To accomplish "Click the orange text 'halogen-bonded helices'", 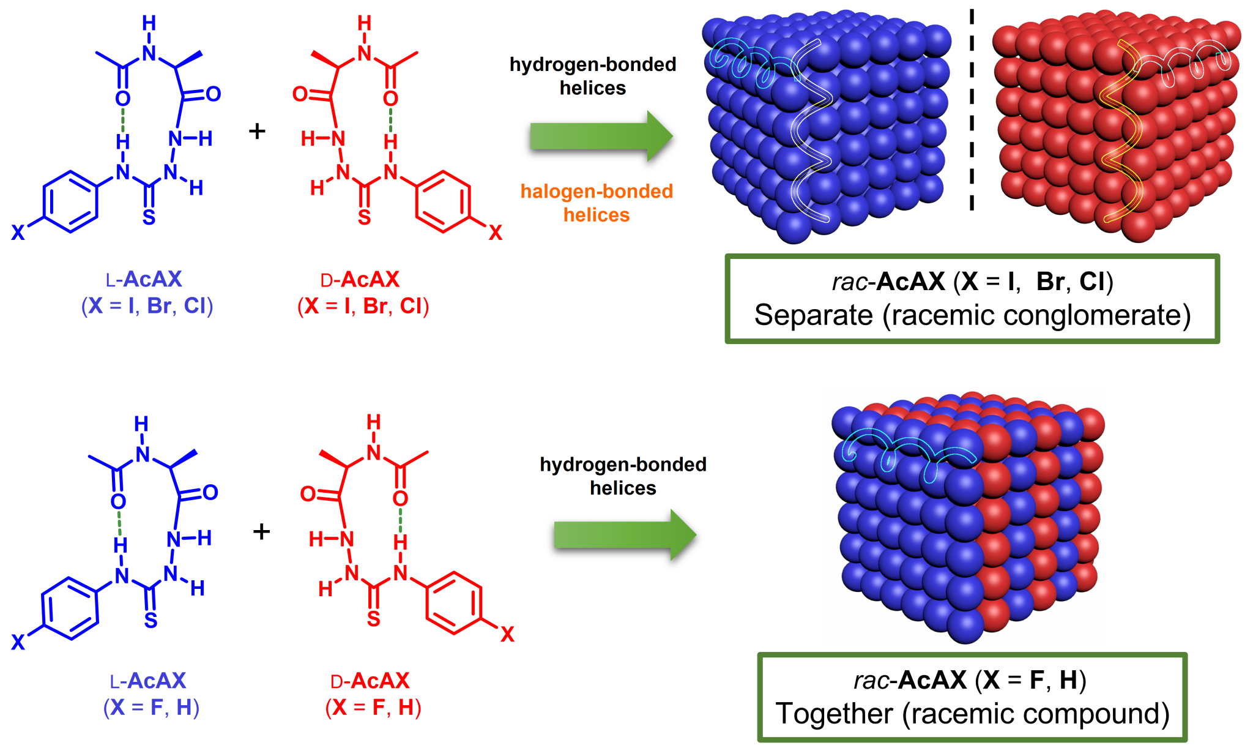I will pos(597,203).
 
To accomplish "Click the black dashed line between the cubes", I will pos(972,110).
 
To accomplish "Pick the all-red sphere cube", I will pos(1114,125).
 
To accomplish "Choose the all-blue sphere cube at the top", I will pos(826,125).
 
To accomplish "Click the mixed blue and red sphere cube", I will pos(967,517).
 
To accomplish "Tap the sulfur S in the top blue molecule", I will pos(149,217).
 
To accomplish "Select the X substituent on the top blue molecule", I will pos(18,233).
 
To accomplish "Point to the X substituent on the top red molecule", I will pos(495,233).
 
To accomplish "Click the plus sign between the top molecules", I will pos(257,130).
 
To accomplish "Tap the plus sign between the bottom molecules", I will pos(261,531).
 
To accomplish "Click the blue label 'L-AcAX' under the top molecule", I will pos(144,280).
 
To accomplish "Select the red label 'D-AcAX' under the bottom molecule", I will pos(370,681).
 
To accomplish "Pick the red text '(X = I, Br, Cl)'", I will pos(363,306).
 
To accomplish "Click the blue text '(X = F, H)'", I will pos(151,708).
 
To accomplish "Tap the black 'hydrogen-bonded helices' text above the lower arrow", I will pos(623,476).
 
